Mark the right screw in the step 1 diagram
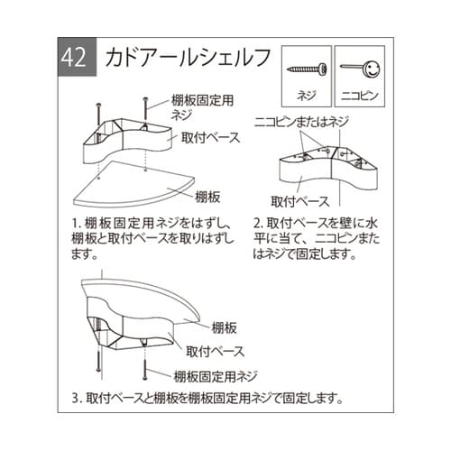click(x=144, y=110)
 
